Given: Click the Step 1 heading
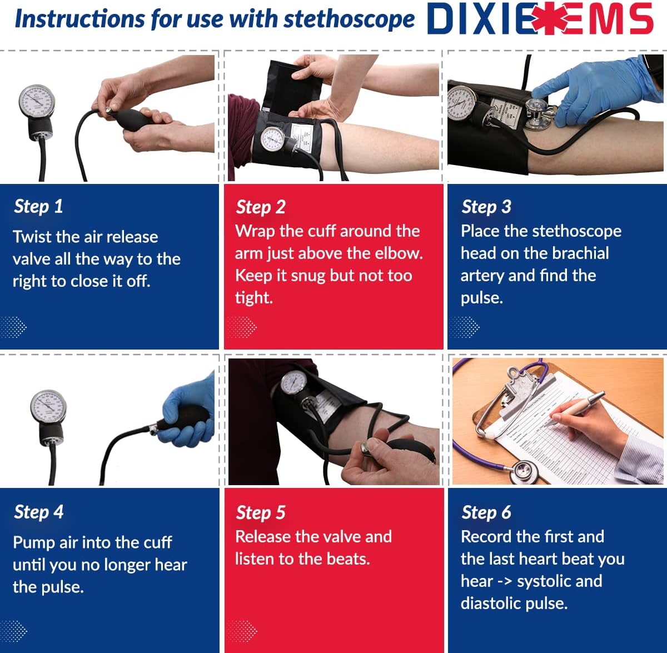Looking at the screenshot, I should tap(38, 206).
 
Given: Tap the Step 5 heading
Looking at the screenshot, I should tap(260, 512).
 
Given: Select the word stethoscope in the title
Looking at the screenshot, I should tap(349, 19).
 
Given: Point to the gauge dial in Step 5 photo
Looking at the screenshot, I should tap(293, 383).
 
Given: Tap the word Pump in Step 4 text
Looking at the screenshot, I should tap(33, 543).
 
